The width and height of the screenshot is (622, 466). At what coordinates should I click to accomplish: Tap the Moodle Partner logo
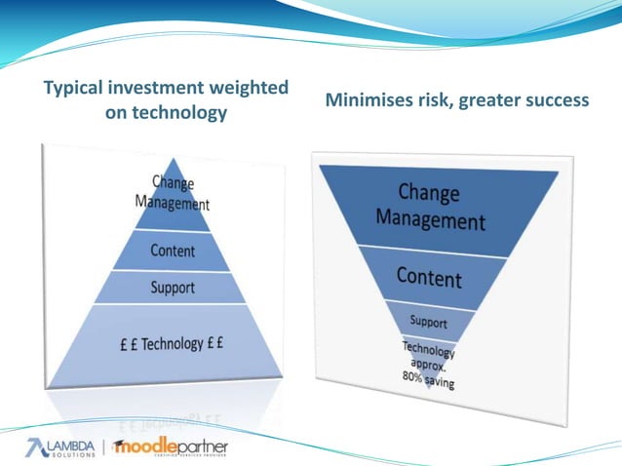click(172, 447)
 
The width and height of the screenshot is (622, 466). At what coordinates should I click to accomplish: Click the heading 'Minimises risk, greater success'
click(456, 99)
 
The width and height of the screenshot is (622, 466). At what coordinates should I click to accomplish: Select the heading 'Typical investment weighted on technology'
click(167, 100)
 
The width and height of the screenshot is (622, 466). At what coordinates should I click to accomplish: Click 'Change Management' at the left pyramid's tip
click(172, 193)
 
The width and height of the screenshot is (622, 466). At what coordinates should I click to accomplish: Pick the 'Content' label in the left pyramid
click(173, 251)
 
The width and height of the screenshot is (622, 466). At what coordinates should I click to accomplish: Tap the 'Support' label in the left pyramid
click(173, 288)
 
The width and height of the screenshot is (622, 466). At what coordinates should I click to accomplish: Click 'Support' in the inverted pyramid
click(429, 321)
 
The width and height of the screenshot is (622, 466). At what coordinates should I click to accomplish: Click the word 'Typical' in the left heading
click(77, 89)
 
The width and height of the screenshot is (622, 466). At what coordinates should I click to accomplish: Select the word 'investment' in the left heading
click(158, 89)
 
